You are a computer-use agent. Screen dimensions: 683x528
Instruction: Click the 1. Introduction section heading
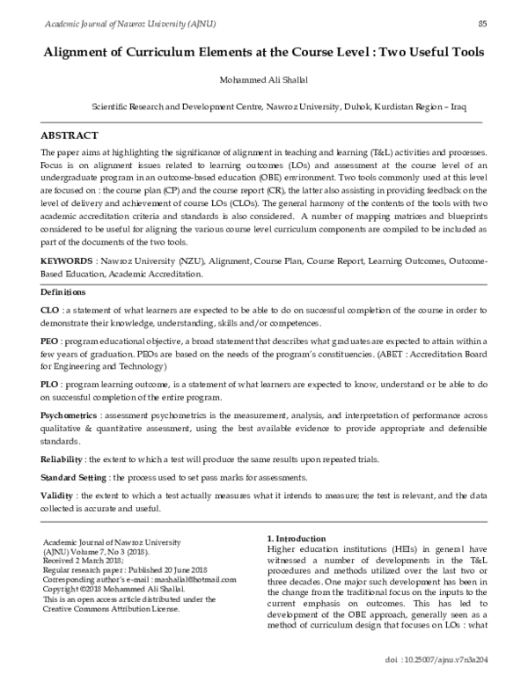pos(302,538)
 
